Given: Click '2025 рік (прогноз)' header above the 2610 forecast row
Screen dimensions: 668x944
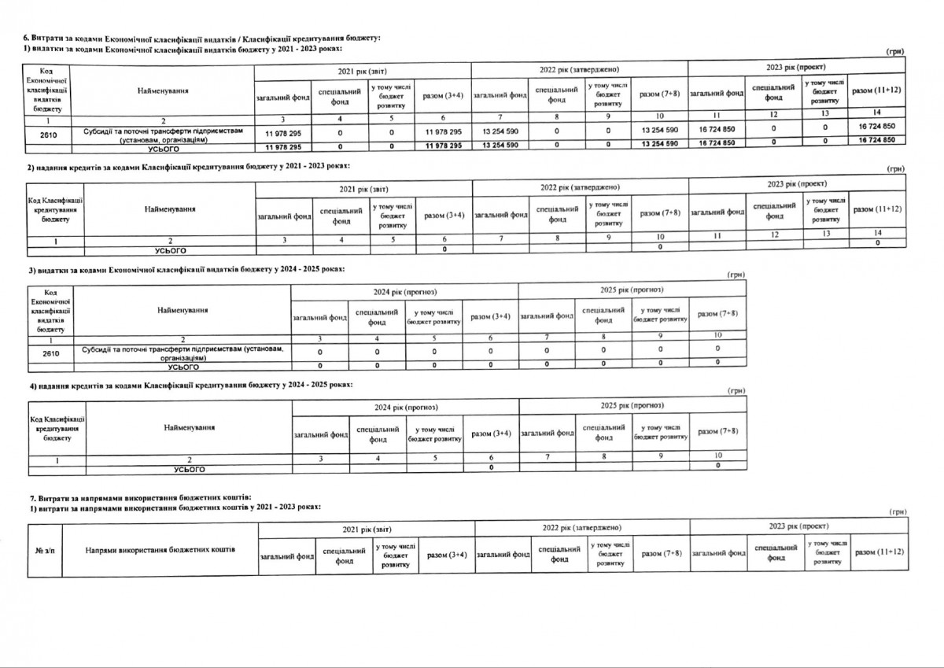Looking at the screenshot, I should coord(632,291).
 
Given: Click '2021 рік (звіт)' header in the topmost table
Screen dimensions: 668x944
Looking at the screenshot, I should coord(363,71).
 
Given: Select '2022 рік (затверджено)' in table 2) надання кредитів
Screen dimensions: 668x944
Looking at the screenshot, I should coord(580,186).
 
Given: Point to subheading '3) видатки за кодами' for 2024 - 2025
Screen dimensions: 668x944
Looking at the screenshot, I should coord(186,270).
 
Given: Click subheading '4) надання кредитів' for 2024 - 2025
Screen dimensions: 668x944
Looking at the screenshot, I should coord(189,385).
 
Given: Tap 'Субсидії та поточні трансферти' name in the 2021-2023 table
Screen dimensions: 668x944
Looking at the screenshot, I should coord(164,134).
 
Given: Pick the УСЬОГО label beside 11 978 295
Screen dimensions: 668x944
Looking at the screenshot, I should coord(164,147).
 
